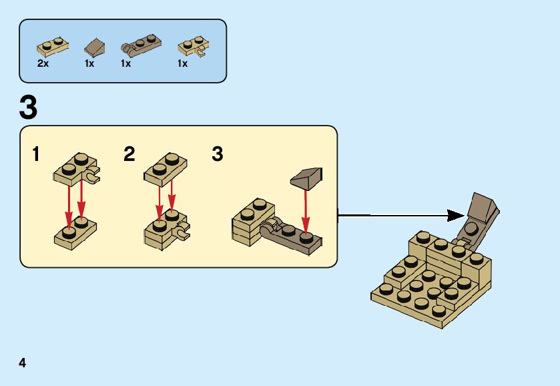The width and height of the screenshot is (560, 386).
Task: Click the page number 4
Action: [x=23, y=363]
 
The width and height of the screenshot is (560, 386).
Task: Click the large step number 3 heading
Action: [x=29, y=108]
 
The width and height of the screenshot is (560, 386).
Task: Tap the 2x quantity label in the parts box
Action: [x=43, y=63]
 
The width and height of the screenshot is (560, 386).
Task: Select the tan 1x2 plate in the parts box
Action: [x=53, y=47]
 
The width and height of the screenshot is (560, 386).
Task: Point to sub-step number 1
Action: [x=36, y=155]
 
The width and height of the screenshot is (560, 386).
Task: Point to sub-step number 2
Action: [x=129, y=155]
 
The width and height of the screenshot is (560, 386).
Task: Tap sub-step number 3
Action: [x=218, y=155]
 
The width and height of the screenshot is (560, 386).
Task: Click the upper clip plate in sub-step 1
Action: [x=75, y=168]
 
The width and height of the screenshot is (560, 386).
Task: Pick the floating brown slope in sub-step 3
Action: [x=307, y=178]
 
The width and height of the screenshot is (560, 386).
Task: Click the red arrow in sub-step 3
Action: [x=306, y=212]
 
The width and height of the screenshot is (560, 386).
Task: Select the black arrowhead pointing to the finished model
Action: [x=456, y=215]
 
